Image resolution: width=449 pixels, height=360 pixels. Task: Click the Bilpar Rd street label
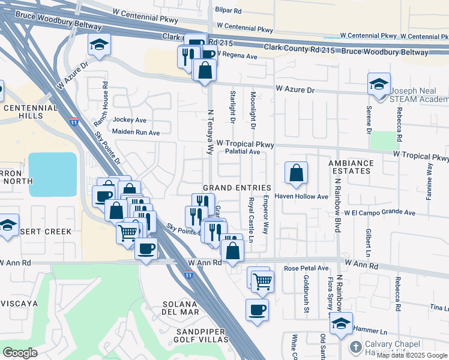(x=229, y=11)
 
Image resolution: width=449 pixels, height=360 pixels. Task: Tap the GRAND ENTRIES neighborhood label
(x=237, y=188)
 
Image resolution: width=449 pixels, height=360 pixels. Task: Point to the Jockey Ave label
(x=130, y=120)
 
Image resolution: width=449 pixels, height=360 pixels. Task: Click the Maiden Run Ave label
(x=136, y=132)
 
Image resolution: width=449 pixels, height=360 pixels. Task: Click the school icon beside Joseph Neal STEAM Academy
(x=379, y=85)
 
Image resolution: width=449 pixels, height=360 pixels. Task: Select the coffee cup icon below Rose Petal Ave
(x=257, y=310)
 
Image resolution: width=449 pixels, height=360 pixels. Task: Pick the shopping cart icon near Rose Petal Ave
(x=262, y=280)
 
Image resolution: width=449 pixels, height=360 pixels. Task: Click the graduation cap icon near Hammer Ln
(x=341, y=323)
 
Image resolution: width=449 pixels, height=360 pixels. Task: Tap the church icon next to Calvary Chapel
(x=355, y=347)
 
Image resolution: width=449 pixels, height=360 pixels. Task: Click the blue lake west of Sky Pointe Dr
(x=53, y=174)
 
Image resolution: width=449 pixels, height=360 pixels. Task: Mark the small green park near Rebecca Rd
(x=381, y=140)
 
